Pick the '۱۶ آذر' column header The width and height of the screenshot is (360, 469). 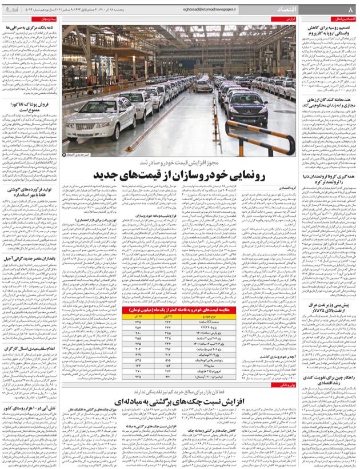point(135,316)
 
